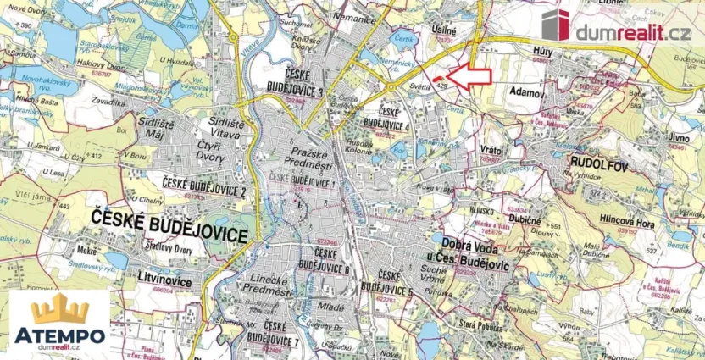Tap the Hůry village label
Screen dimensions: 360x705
tap(544, 52)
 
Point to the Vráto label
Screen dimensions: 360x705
tap(491, 147)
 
